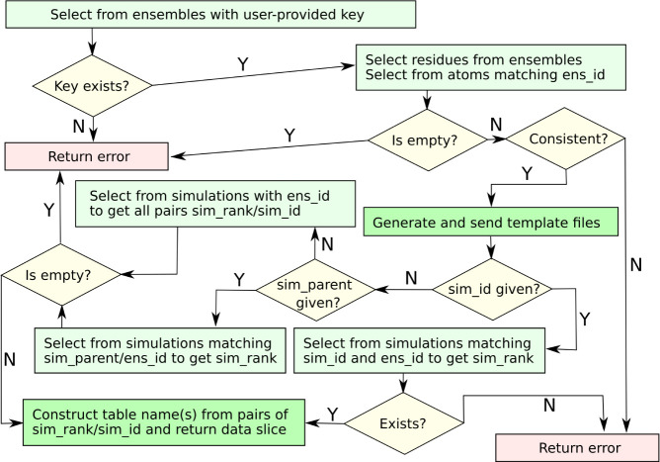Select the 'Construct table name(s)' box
(163, 423)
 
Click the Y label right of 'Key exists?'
(243, 64)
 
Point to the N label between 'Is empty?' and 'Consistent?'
(495, 126)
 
